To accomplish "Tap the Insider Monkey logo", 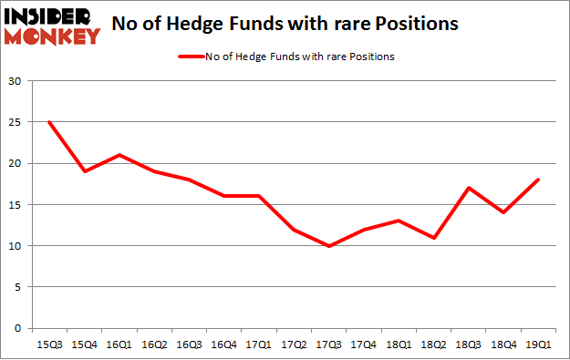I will [x=52, y=26].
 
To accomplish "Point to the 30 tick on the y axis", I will [x=16, y=82].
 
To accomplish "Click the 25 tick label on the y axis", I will [x=16, y=123].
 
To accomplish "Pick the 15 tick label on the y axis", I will [x=16, y=205].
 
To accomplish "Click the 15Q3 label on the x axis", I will [x=48, y=345].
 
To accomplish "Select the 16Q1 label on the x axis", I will [x=119, y=345].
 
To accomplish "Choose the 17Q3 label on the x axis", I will [x=329, y=345].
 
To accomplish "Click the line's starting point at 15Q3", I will [x=48, y=122].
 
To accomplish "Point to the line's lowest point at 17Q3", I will [x=329, y=246].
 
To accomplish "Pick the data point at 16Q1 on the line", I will [x=119, y=155].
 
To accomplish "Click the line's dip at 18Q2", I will [x=434, y=238].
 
